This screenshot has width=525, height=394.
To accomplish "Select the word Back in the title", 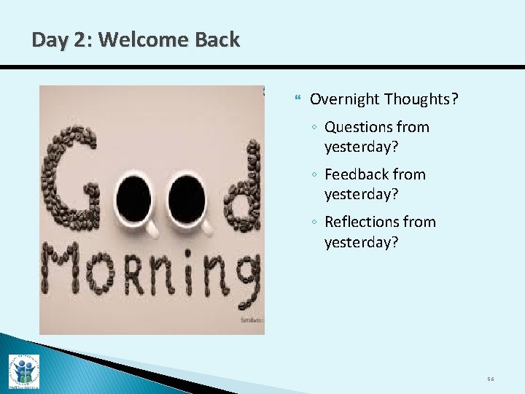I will point(216,40).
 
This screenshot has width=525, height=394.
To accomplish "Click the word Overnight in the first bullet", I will point(344,99).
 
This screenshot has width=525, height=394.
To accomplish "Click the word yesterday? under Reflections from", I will point(361,242).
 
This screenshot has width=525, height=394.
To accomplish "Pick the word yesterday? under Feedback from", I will point(361,194).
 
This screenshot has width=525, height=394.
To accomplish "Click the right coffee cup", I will point(188,201).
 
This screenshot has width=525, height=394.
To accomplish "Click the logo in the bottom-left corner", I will point(23,371).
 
